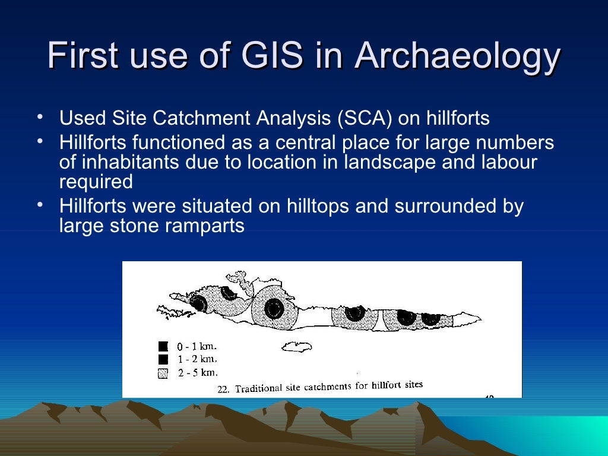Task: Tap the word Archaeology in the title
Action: pyautogui.click(x=458, y=58)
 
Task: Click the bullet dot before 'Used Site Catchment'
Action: pyautogui.click(x=39, y=116)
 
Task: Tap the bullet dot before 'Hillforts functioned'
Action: pyautogui.click(x=39, y=141)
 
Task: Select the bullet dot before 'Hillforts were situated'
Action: pyautogui.click(x=39, y=205)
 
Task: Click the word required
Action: pyautogui.click(x=96, y=182)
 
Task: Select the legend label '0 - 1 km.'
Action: pyautogui.click(x=197, y=346)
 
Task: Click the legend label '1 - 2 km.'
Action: pyautogui.click(x=197, y=359)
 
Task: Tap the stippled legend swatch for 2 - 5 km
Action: pyautogui.click(x=163, y=373)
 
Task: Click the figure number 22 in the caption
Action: pyautogui.click(x=223, y=389)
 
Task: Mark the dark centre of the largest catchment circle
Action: pyautogui.click(x=274, y=308)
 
